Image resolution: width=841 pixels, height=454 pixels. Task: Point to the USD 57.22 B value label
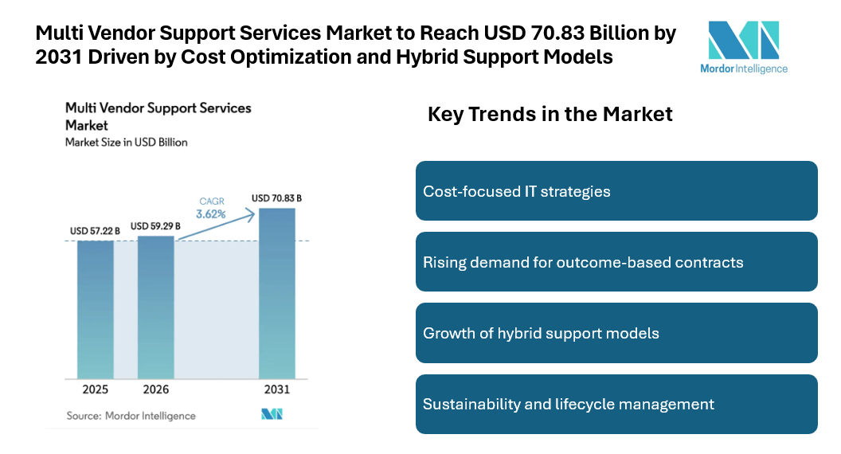(x=95, y=231)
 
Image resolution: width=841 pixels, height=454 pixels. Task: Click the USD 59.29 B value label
(x=155, y=226)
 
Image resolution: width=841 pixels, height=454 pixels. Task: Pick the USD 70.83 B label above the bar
(x=276, y=198)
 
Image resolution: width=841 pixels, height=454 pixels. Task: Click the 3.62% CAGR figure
(x=211, y=214)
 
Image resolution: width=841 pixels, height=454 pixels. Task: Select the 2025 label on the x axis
(x=95, y=389)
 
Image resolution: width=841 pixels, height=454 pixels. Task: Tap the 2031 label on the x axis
(x=276, y=389)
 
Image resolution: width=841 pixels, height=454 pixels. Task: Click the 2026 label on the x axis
(x=155, y=389)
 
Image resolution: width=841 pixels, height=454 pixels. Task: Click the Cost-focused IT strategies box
(x=616, y=191)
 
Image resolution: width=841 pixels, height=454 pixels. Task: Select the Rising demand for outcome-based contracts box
(x=616, y=262)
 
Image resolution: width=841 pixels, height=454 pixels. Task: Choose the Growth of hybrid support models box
(x=616, y=333)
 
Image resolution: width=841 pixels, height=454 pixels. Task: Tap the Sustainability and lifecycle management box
(x=616, y=404)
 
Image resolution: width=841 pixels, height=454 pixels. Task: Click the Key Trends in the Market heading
(x=550, y=114)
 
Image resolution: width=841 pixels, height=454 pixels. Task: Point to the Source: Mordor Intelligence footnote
(x=131, y=415)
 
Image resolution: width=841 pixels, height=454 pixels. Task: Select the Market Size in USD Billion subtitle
(x=126, y=143)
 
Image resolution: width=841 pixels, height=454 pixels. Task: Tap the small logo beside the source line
(x=272, y=414)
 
